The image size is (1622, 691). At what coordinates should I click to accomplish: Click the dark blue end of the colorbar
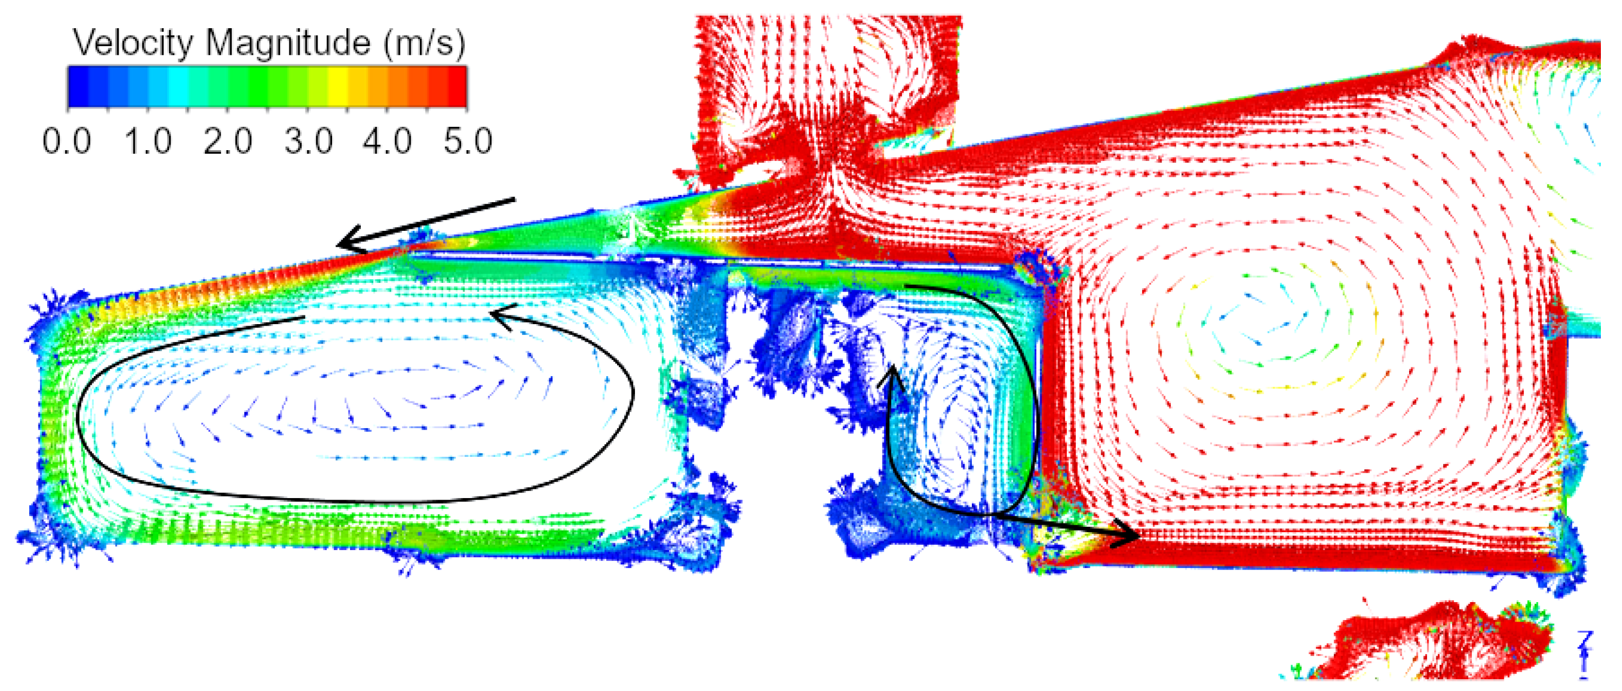[77, 86]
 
